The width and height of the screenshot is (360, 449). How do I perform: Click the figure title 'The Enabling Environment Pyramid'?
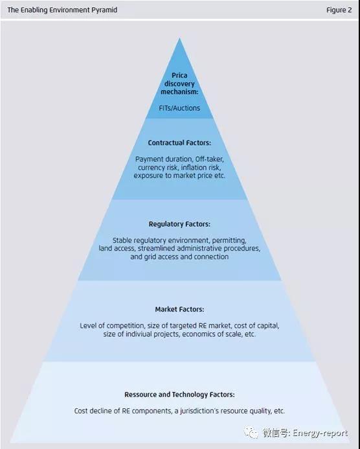pyautogui.click(x=62, y=10)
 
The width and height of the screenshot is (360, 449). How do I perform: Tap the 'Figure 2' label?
pyautogui.click(x=339, y=10)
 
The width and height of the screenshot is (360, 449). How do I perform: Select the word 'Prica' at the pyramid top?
pyautogui.click(x=179, y=75)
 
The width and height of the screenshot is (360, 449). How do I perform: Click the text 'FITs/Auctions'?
pyautogui.click(x=179, y=108)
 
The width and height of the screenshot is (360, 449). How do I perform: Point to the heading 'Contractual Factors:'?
pyautogui.click(x=179, y=143)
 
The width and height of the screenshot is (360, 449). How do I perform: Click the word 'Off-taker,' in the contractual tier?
pyautogui.click(x=210, y=159)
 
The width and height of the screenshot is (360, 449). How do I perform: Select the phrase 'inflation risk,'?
pyautogui.click(x=201, y=167)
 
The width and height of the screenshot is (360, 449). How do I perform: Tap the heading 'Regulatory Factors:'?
pyautogui.click(x=179, y=224)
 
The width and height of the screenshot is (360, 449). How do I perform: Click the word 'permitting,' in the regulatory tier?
pyautogui.click(x=229, y=240)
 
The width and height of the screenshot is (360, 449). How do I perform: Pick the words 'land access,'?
pyautogui.click(x=117, y=248)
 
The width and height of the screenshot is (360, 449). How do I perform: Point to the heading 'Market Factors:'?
pyautogui.click(x=179, y=309)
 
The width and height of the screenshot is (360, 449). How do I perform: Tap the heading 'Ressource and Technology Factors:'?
pyautogui.click(x=179, y=395)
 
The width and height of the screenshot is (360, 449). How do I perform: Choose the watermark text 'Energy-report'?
pyautogui.click(x=321, y=433)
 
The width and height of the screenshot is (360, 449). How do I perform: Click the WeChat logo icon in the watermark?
pyautogui.click(x=251, y=432)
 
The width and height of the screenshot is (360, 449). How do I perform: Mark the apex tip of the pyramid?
pyautogui.click(x=179, y=38)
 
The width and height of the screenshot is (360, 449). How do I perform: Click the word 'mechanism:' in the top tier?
pyautogui.click(x=179, y=91)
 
